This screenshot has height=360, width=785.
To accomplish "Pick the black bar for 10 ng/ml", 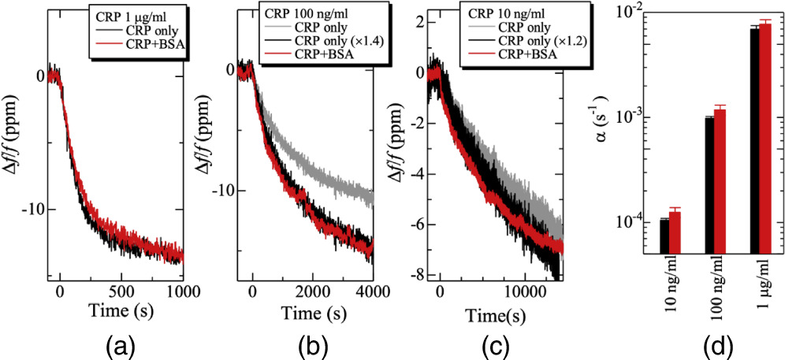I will [664, 236].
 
